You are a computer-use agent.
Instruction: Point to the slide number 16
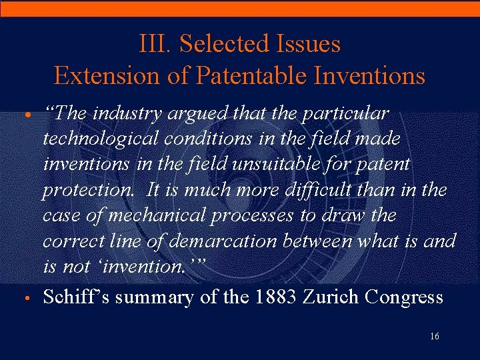pos(434,337)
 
